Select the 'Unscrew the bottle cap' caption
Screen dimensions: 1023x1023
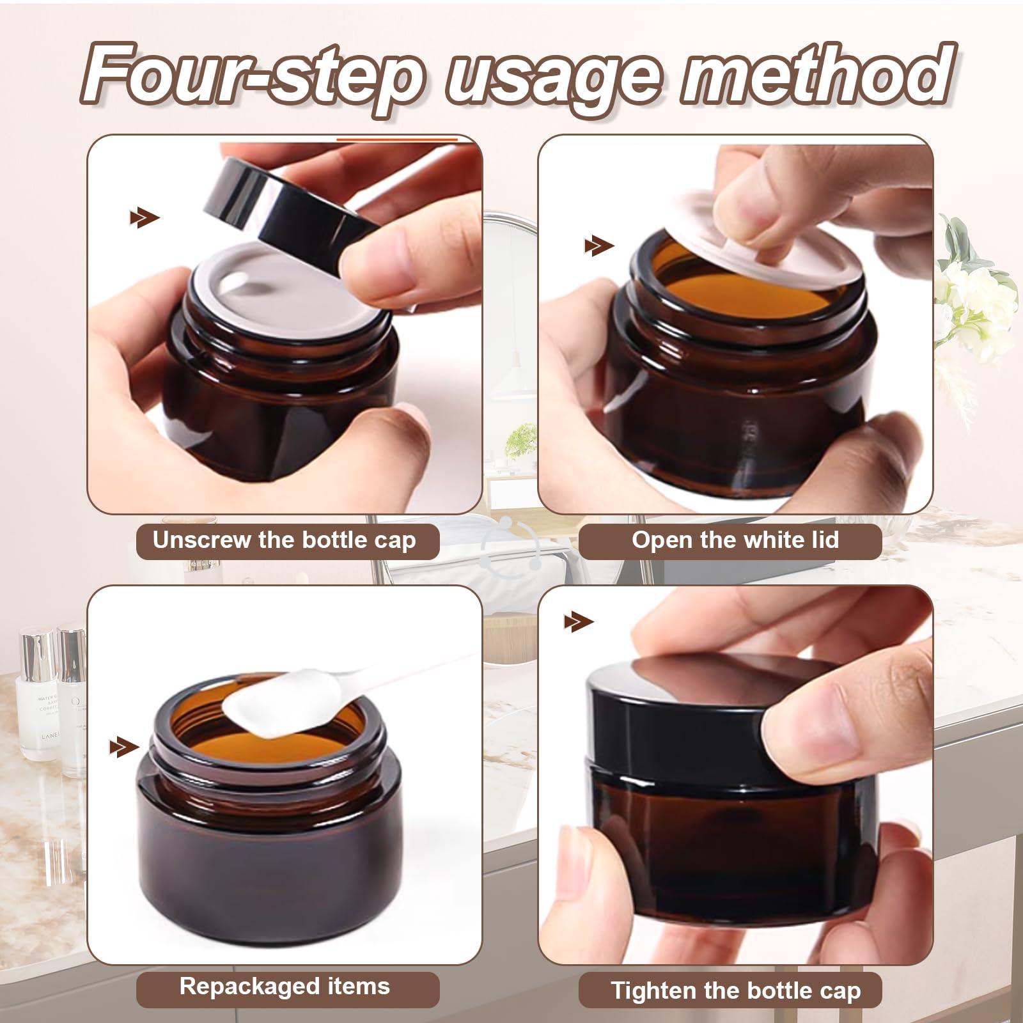pyautogui.click(x=285, y=541)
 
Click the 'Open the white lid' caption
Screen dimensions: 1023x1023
pyautogui.click(x=735, y=541)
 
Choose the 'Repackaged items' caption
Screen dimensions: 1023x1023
pyautogui.click(x=285, y=986)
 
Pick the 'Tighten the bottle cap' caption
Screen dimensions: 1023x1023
pyautogui.click(x=735, y=991)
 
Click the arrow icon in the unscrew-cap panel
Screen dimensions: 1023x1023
pyautogui.click(x=144, y=218)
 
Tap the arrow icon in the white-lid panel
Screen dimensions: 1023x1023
pyautogui.click(x=598, y=246)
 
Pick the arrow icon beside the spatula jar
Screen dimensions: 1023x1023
pyautogui.click(x=124, y=746)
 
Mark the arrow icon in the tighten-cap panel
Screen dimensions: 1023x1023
pyautogui.click(x=579, y=621)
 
